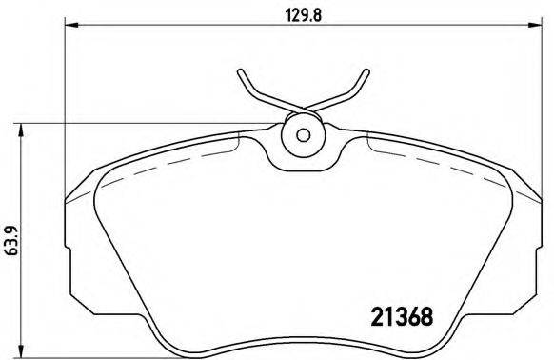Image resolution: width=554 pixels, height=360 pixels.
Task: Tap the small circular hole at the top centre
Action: [x=303, y=134]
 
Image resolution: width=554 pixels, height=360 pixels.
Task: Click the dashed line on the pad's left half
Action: [x=162, y=164]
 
